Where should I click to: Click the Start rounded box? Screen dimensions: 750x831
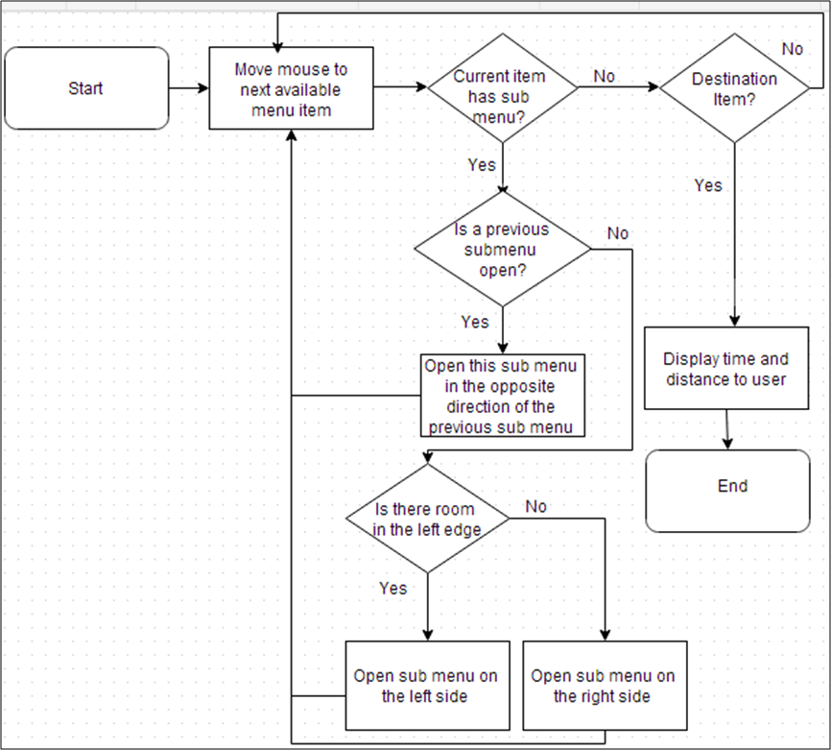tap(86, 88)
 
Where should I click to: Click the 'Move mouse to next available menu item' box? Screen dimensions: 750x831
tap(292, 88)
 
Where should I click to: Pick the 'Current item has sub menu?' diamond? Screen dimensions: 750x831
tap(502, 88)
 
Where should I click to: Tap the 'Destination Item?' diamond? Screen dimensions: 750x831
tap(735, 88)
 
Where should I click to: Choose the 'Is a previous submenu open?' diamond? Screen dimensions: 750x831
tap(502, 249)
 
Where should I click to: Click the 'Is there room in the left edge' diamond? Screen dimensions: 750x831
tap(427, 519)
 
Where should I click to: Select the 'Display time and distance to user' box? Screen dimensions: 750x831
tap(725, 369)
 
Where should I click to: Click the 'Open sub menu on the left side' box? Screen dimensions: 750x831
tap(426, 686)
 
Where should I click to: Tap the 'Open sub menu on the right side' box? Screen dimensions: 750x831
tap(604, 686)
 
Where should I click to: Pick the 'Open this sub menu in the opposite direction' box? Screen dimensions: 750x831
tap(503, 395)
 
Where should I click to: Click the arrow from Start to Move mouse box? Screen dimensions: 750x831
tap(189, 88)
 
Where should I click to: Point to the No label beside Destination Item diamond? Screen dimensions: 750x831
tap(793, 49)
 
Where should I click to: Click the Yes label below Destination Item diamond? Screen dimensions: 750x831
tap(708, 185)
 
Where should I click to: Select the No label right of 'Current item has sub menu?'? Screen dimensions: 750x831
tap(605, 76)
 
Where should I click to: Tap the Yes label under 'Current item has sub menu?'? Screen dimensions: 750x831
tap(481, 164)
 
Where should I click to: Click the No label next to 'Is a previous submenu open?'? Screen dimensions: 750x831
tap(618, 233)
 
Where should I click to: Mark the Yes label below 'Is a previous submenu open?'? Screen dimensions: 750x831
tap(474, 322)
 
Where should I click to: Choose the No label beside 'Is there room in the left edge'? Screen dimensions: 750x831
tap(535, 506)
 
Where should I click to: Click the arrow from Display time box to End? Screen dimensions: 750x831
tap(728, 428)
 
